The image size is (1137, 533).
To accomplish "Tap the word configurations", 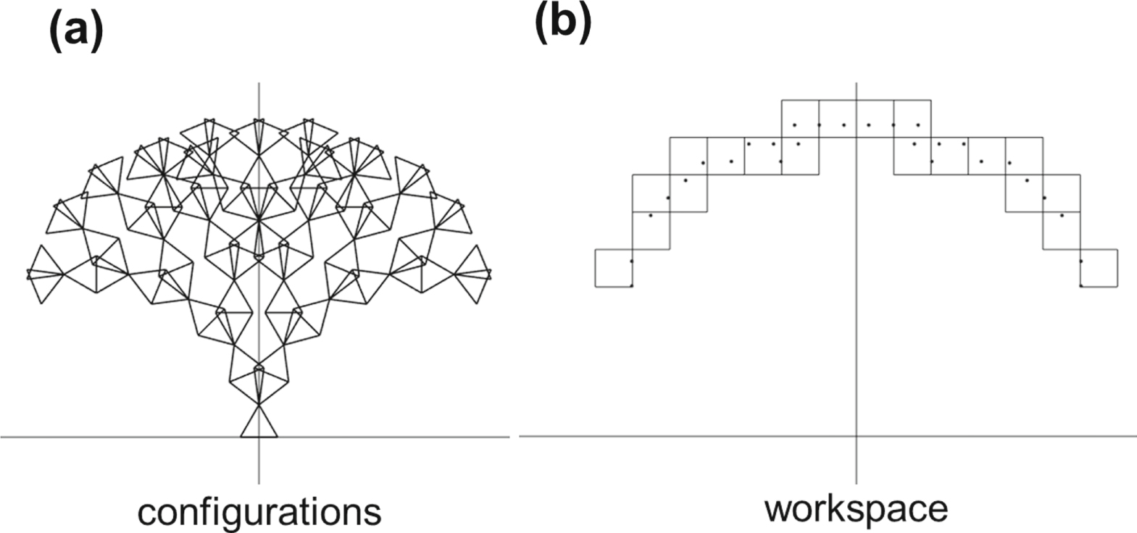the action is [x=259, y=512].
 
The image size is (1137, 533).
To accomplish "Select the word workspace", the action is [x=856, y=509].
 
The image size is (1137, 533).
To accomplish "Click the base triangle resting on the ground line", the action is [x=259, y=429].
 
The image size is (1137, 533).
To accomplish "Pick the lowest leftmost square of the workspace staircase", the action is [x=614, y=268].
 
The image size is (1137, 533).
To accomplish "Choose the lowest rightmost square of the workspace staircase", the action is [x=1099, y=268].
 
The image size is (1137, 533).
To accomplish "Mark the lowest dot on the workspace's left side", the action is [x=631, y=286].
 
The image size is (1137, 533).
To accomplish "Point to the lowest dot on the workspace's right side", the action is [x=1081, y=286].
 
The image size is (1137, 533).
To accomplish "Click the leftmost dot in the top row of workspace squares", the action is [x=795, y=125].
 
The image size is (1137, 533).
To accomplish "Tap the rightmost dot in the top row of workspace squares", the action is [x=918, y=125].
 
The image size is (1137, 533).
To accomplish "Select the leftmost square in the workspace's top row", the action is [x=801, y=119].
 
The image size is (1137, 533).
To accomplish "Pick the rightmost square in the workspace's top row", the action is [x=912, y=119].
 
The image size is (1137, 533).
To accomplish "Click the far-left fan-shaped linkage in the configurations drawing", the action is [x=46, y=274].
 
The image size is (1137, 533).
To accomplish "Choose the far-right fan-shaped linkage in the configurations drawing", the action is [x=473, y=274].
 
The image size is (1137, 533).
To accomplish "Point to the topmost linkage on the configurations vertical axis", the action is [x=259, y=136].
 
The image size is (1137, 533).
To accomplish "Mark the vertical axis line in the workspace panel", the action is [x=857, y=283].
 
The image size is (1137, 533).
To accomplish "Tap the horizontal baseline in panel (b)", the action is [x=828, y=436].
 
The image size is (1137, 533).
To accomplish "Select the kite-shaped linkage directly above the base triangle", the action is [x=259, y=385].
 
